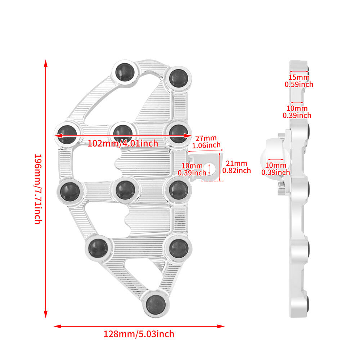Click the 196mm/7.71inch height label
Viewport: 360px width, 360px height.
coord(37,189)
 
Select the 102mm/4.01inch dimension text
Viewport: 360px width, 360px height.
coord(123,143)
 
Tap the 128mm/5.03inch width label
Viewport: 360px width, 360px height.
coord(139,334)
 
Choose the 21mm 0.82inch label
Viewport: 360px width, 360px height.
coord(237,167)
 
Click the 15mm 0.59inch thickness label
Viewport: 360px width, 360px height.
coord(299,81)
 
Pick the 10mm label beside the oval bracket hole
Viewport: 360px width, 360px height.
coord(192,169)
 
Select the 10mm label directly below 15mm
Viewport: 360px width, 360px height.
coord(297,112)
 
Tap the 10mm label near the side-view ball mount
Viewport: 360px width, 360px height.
coord(275,169)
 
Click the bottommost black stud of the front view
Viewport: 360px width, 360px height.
coord(156,305)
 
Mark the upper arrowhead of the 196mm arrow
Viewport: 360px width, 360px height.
coord(46,64)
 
